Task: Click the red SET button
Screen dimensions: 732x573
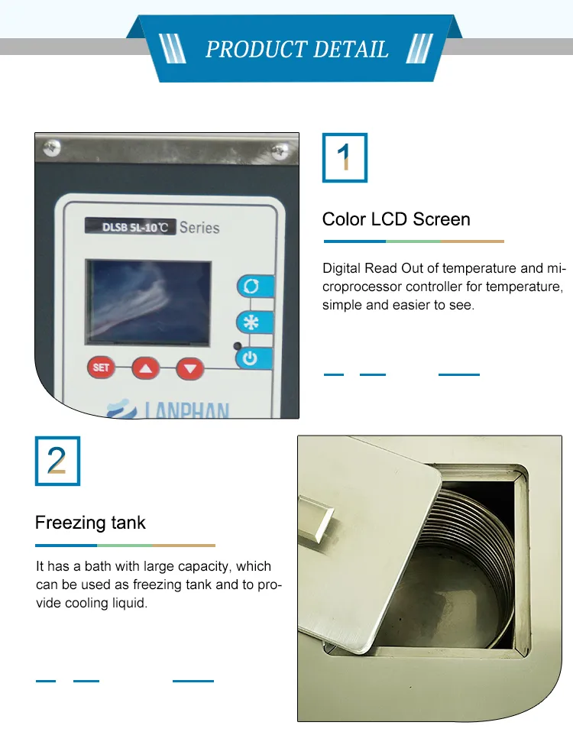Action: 101,368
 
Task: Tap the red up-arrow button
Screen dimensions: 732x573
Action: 146,369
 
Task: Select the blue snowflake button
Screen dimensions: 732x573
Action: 250,322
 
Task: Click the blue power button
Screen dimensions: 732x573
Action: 249,357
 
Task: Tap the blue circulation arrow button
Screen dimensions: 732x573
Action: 250,287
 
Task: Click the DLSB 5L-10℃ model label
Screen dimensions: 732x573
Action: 130,226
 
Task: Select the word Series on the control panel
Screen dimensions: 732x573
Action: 199,227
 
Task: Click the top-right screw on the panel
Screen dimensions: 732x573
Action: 281,148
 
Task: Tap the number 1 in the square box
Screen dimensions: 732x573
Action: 345,157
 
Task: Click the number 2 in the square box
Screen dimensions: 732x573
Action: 57,461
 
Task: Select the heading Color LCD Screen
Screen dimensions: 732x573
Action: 396,219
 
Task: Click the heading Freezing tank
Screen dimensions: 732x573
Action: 90,523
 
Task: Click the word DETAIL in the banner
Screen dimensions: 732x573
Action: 350,50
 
